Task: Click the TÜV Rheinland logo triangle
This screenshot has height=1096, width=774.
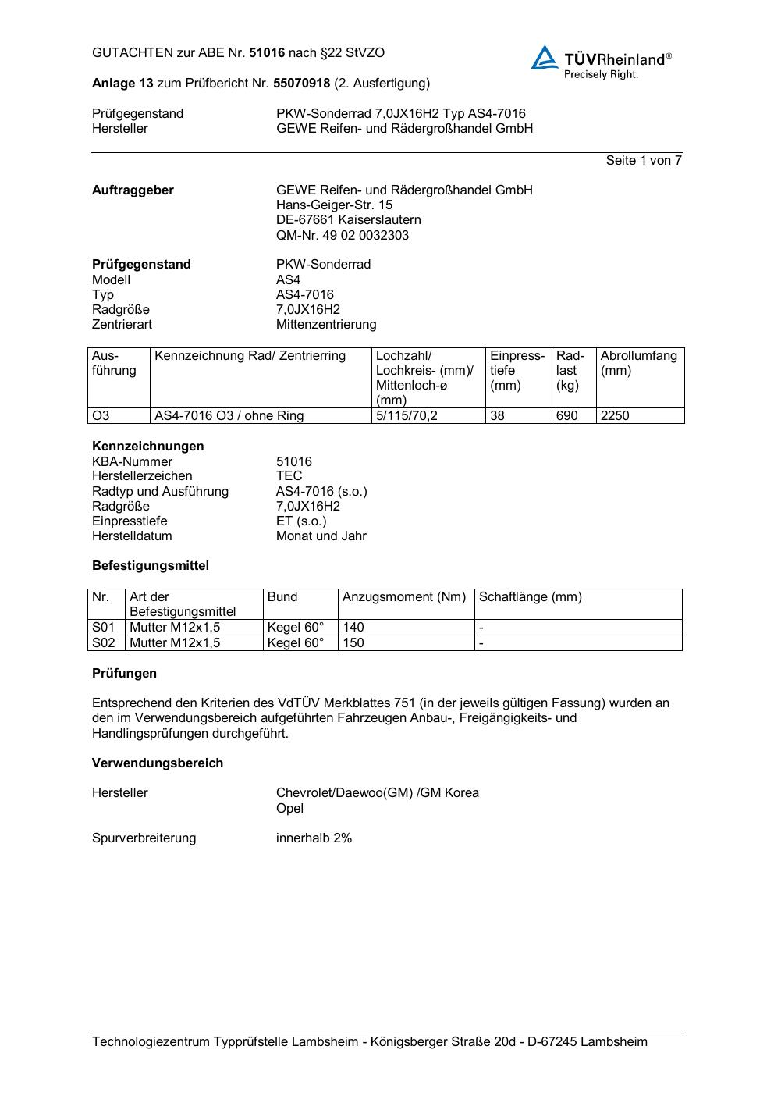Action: coord(545,58)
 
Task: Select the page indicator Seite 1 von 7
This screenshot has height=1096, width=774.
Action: coord(644,160)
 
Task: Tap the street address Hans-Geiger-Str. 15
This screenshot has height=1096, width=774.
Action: coord(334,205)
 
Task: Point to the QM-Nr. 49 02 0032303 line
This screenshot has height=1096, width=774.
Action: coord(342,235)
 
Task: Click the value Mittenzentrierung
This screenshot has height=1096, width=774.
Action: coord(325,324)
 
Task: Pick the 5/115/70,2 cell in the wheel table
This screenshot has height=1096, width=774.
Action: coord(407,415)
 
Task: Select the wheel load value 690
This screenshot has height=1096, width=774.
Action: coord(566,415)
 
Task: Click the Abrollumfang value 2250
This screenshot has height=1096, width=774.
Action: coord(615,415)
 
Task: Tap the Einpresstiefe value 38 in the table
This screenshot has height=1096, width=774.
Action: coord(497,415)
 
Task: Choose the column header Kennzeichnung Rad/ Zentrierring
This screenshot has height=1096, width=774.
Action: coord(250,356)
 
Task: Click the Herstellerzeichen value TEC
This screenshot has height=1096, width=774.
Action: coord(289,475)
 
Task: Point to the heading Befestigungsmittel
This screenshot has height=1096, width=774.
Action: coord(151,565)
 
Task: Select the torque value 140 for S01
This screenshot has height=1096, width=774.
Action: coord(353,627)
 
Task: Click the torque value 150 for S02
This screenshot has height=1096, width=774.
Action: coord(353,642)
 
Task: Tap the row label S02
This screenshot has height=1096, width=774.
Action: coord(103,642)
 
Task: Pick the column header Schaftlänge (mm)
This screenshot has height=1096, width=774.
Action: coord(530,597)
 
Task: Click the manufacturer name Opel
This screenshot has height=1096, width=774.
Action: coord(289,808)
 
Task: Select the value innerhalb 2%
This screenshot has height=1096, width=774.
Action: coord(314,838)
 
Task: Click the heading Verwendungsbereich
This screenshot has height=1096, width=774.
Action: coord(158,763)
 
